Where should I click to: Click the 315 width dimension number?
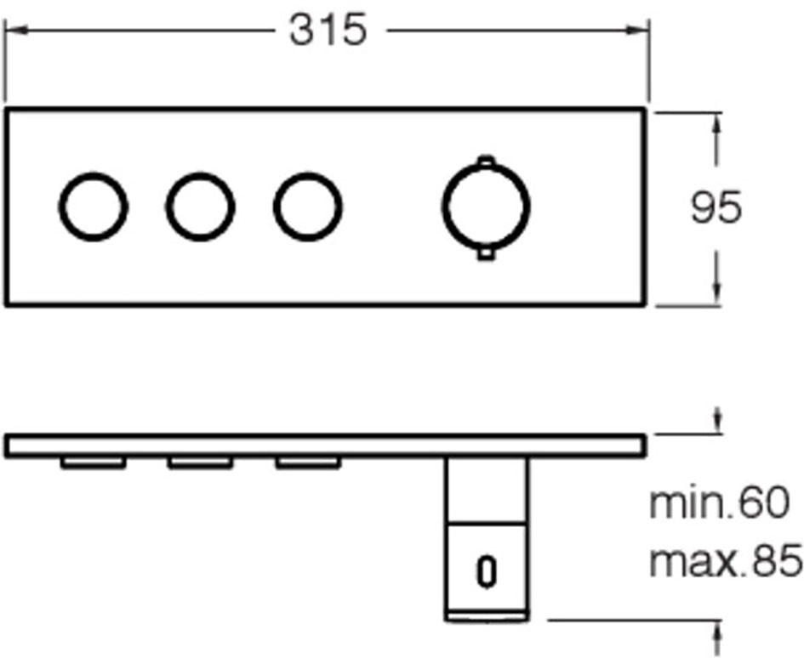pos(328,30)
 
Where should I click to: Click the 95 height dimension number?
pos(716,207)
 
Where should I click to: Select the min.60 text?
pos(719,503)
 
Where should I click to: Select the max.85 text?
pos(726,560)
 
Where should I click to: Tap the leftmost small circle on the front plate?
pos(60,207)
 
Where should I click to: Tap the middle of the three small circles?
pos(168,207)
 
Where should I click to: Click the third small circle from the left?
pos(276,207)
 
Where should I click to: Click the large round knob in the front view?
pos(444,207)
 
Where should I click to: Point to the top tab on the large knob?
pos(486,160)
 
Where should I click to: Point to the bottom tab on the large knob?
pos(486,254)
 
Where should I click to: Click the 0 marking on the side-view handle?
pos(486,571)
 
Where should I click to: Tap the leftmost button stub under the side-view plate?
pos(94,462)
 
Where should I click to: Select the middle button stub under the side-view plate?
pos(201,462)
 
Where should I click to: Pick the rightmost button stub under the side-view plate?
pos(308,462)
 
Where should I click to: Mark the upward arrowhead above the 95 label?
pos(717,123)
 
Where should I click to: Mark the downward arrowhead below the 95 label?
pos(717,293)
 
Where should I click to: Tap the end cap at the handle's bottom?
pos(486,616)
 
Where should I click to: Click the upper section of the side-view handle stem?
pos(486,490)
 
